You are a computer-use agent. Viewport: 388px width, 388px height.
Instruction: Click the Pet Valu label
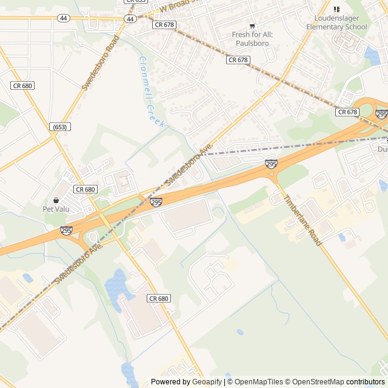(56, 209)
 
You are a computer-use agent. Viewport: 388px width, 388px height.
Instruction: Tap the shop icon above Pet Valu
(56, 200)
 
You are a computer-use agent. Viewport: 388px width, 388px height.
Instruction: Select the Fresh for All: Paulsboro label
(252, 39)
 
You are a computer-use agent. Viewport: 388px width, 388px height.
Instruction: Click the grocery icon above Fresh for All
(252, 25)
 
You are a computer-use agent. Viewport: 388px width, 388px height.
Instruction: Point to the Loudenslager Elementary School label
(336, 22)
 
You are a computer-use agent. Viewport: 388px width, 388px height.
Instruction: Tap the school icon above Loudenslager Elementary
(337, 9)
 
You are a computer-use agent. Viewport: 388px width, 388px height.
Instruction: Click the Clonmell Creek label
(152, 91)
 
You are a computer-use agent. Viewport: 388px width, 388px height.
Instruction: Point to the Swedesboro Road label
(101, 62)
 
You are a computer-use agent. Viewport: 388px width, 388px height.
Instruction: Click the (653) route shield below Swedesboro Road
(60, 127)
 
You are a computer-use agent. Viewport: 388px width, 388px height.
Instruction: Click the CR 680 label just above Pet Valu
(85, 189)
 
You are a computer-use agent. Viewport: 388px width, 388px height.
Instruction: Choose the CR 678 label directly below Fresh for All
(238, 60)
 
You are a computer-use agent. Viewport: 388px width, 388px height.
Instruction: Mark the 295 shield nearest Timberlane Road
(271, 164)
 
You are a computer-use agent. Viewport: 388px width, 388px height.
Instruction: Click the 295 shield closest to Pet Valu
(66, 230)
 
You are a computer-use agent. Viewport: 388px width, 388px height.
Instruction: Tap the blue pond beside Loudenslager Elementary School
(370, 56)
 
